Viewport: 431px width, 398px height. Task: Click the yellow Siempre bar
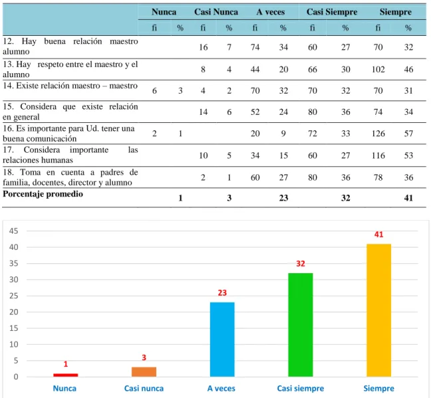[x=378, y=310]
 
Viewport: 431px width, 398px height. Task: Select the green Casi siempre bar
[x=301, y=325]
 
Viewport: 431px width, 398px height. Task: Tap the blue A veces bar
[x=222, y=340]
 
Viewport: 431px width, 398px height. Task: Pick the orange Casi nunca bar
[x=144, y=371]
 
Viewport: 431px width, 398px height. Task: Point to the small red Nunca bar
[x=65, y=375]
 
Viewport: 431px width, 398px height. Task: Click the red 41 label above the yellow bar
[x=378, y=235]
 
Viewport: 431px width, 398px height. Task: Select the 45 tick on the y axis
[x=13, y=231]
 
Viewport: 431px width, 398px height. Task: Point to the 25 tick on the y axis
[x=13, y=296]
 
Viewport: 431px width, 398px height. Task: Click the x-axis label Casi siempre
[x=301, y=389]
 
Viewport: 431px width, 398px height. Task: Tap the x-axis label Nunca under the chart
[x=65, y=389]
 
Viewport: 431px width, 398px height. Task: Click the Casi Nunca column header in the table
[x=216, y=12]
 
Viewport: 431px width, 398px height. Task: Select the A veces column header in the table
[x=271, y=12]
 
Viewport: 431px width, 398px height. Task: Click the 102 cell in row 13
[x=378, y=69]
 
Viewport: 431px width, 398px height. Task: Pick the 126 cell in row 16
[x=378, y=134]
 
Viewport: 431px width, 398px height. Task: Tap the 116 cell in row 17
[x=378, y=155]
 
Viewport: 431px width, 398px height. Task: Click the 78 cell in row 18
[x=378, y=177]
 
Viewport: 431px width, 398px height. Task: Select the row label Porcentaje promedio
[x=43, y=194]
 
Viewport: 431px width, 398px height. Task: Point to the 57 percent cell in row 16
[x=408, y=134]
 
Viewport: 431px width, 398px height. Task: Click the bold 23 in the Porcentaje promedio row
[x=283, y=198]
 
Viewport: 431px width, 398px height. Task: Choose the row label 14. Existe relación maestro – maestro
[x=70, y=86]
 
